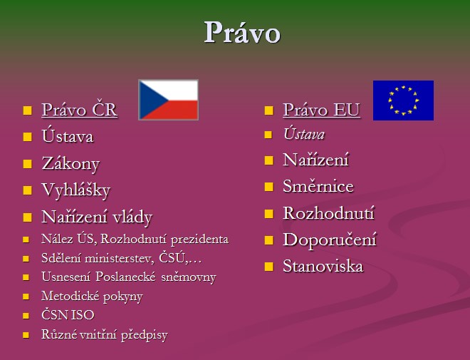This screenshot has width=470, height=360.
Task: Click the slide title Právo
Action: tap(242, 32)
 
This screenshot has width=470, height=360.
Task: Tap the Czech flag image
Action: tap(169, 100)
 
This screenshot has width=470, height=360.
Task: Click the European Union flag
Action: tap(403, 101)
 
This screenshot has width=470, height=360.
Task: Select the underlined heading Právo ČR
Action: tap(80, 110)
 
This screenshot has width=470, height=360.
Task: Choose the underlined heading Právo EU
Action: tap(321, 110)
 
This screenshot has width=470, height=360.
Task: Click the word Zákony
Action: tap(70, 164)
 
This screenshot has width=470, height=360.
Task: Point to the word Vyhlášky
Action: tap(76, 190)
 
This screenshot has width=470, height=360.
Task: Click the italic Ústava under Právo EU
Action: tap(304, 134)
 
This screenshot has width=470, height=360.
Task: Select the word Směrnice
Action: tap(318, 186)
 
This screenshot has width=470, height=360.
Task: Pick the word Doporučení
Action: tap(330, 240)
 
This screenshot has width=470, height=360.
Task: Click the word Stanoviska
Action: tap(323, 266)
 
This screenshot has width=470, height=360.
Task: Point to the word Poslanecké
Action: tap(125, 277)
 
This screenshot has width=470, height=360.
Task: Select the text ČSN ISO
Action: tap(68, 315)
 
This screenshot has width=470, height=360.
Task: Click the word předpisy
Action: tap(144, 335)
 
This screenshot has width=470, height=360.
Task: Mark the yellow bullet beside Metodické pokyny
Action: tap(26, 297)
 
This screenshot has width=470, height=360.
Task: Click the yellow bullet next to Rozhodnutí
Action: tap(269, 214)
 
